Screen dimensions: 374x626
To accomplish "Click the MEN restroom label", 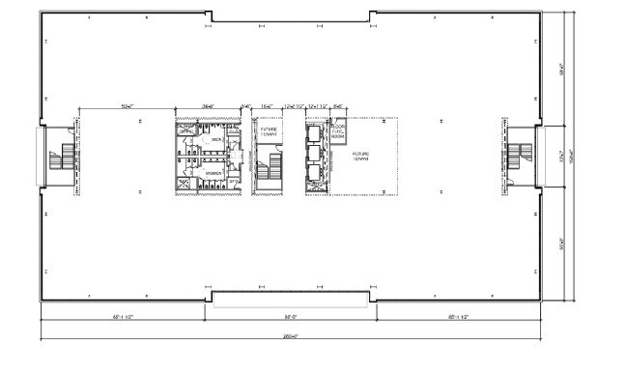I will click(x=215, y=139).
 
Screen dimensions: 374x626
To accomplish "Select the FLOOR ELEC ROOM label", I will click(x=338, y=132).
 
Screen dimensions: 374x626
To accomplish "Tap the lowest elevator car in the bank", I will click(x=313, y=176).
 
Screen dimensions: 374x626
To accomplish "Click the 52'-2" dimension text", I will click(x=126, y=103).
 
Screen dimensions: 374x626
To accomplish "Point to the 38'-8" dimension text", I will click(x=208, y=103).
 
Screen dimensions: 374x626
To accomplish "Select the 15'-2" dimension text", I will click(x=269, y=103).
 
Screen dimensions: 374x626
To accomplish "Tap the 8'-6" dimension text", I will click(x=338, y=103).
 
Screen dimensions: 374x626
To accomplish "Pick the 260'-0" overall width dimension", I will click(x=290, y=335).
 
